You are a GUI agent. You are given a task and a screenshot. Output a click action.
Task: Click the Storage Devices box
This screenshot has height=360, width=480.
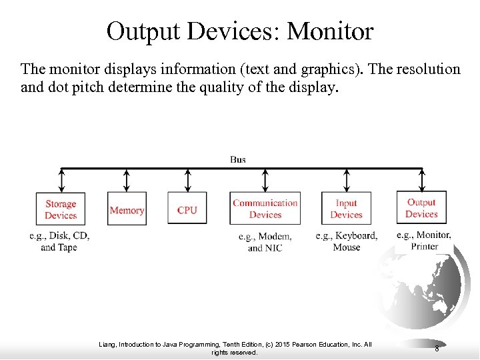tap(61, 209)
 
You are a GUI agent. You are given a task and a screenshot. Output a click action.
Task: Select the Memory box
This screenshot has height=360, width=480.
tap(127, 210)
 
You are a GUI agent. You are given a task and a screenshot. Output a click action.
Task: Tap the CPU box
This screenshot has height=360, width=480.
tap(187, 210)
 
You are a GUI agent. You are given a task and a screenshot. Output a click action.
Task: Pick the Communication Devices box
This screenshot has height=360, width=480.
tap(265, 209)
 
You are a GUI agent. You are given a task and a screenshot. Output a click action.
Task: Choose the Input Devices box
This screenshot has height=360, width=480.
tap(346, 209)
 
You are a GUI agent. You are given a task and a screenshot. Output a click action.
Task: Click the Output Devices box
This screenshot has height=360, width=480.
tap(421, 208)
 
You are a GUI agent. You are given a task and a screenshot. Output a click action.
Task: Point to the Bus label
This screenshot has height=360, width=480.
tap(238, 159)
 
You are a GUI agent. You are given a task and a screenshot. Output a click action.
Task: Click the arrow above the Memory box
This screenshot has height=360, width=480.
tap(127, 180)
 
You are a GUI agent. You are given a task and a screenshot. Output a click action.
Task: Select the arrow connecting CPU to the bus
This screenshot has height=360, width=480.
tap(187, 180)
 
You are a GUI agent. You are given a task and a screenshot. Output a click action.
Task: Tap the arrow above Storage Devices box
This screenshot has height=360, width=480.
tap(61, 180)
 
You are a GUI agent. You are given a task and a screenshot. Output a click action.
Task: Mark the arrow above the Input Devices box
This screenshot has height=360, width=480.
tap(346, 180)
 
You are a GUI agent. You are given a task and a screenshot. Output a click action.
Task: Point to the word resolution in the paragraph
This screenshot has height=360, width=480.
tap(411, 69)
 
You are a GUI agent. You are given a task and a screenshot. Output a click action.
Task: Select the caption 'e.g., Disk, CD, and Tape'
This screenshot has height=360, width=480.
tap(59, 241)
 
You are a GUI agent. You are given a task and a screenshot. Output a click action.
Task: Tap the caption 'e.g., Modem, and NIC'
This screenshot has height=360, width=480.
tap(265, 242)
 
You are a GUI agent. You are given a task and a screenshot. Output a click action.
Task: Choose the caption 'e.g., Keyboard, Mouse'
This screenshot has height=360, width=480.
tap(346, 241)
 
